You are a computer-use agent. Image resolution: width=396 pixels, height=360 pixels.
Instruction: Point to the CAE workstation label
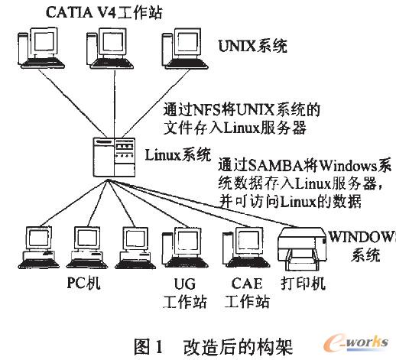248,292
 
